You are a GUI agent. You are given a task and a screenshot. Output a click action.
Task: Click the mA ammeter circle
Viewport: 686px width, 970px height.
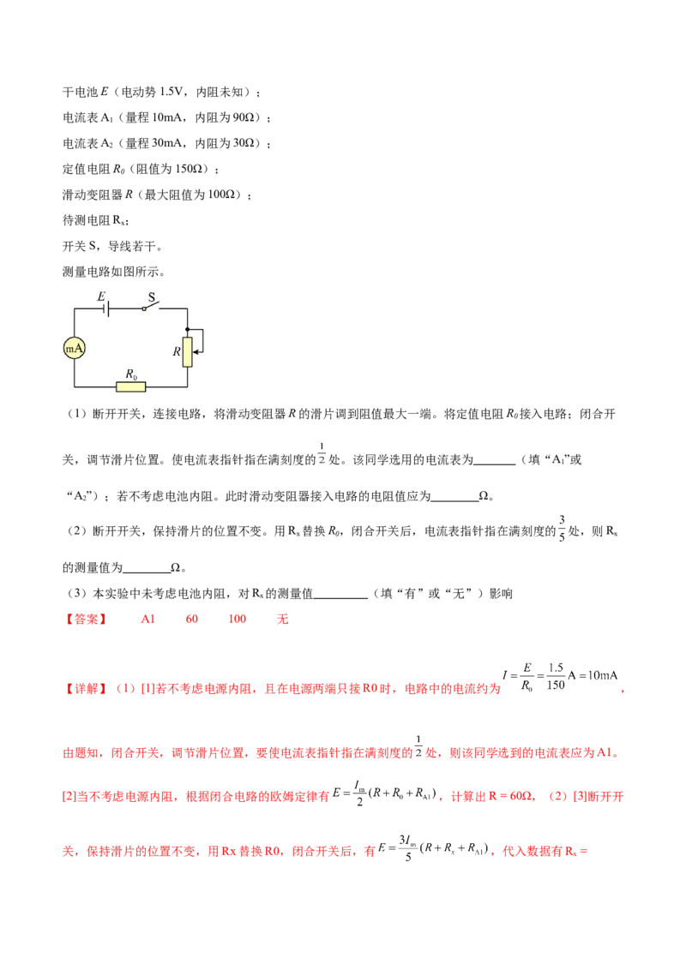(x=75, y=347)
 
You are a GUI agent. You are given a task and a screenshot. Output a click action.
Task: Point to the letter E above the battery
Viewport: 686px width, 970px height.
(x=101, y=296)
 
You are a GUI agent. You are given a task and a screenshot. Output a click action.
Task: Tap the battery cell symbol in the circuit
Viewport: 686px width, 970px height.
(x=108, y=308)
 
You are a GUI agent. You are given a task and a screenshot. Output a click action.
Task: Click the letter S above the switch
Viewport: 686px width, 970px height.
(x=151, y=297)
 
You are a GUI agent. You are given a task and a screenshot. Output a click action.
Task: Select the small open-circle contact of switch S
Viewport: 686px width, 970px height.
(x=144, y=308)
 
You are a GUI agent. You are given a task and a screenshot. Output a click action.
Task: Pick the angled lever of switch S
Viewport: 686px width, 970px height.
(x=154, y=306)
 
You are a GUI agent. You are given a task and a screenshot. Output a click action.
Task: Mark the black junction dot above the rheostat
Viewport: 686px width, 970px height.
(x=187, y=329)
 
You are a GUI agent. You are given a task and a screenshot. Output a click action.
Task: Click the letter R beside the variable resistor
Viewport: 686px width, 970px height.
(x=176, y=351)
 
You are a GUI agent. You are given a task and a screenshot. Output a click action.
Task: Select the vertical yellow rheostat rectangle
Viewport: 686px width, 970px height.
(x=187, y=351)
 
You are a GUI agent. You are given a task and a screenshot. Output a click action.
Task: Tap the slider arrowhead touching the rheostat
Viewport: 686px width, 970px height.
(x=196, y=352)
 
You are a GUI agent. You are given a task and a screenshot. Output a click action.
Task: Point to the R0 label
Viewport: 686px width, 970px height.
(x=131, y=374)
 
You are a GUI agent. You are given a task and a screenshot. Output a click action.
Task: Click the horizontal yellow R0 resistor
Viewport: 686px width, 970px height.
(x=131, y=386)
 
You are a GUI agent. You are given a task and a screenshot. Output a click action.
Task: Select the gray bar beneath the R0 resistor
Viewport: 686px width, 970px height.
(x=133, y=395)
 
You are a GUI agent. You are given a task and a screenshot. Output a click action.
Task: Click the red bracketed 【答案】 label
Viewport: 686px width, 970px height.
(x=85, y=619)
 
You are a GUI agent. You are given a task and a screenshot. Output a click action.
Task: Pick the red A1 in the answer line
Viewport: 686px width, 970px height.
(x=147, y=618)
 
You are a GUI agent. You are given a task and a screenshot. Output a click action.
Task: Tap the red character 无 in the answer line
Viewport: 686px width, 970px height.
(x=283, y=619)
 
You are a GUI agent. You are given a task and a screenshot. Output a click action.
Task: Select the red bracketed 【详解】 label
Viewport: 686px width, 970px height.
(x=85, y=688)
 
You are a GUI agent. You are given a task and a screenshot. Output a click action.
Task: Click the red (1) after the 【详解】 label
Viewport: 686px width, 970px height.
(x=125, y=688)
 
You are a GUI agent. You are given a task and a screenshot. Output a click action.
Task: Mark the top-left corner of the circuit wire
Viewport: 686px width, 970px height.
(x=75, y=308)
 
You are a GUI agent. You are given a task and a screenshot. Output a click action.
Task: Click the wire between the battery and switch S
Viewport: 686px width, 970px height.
(x=127, y=308)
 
